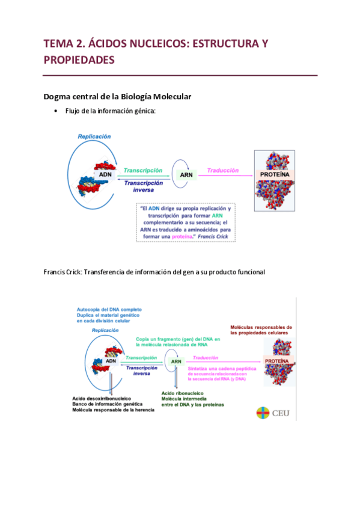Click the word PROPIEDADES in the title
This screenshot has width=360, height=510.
pos(79,61)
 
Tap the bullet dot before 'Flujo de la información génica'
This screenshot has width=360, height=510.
pos(55,111)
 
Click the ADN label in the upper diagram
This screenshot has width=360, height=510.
pos(105,175)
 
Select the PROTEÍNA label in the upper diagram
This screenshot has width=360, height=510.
pos(275,174)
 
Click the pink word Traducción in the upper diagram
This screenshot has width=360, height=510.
pos(223,171)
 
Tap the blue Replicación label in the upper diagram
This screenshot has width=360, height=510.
pos(94,137)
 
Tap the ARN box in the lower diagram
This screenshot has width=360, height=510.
pos(176,361)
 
